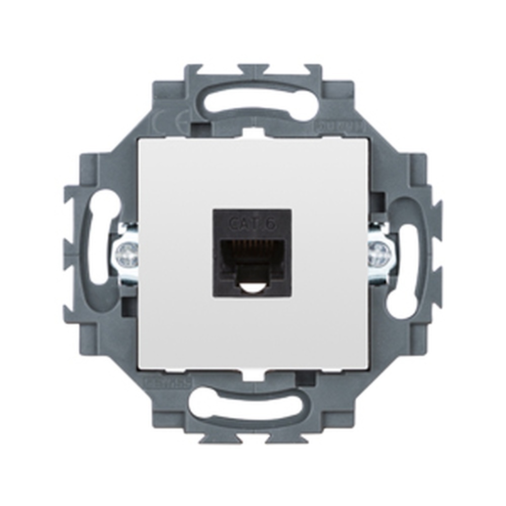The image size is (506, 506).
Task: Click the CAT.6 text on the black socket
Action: pos(252,223)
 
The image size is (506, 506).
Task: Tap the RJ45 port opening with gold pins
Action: pos(251,253)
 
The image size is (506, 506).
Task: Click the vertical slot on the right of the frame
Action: pos(407,263)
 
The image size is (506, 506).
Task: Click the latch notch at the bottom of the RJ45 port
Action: pos(251,287)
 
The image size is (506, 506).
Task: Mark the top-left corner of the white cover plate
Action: pos(140,140)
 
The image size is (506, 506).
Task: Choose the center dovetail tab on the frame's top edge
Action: pos(253,69)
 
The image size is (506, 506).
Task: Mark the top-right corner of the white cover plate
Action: pos(367,140)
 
